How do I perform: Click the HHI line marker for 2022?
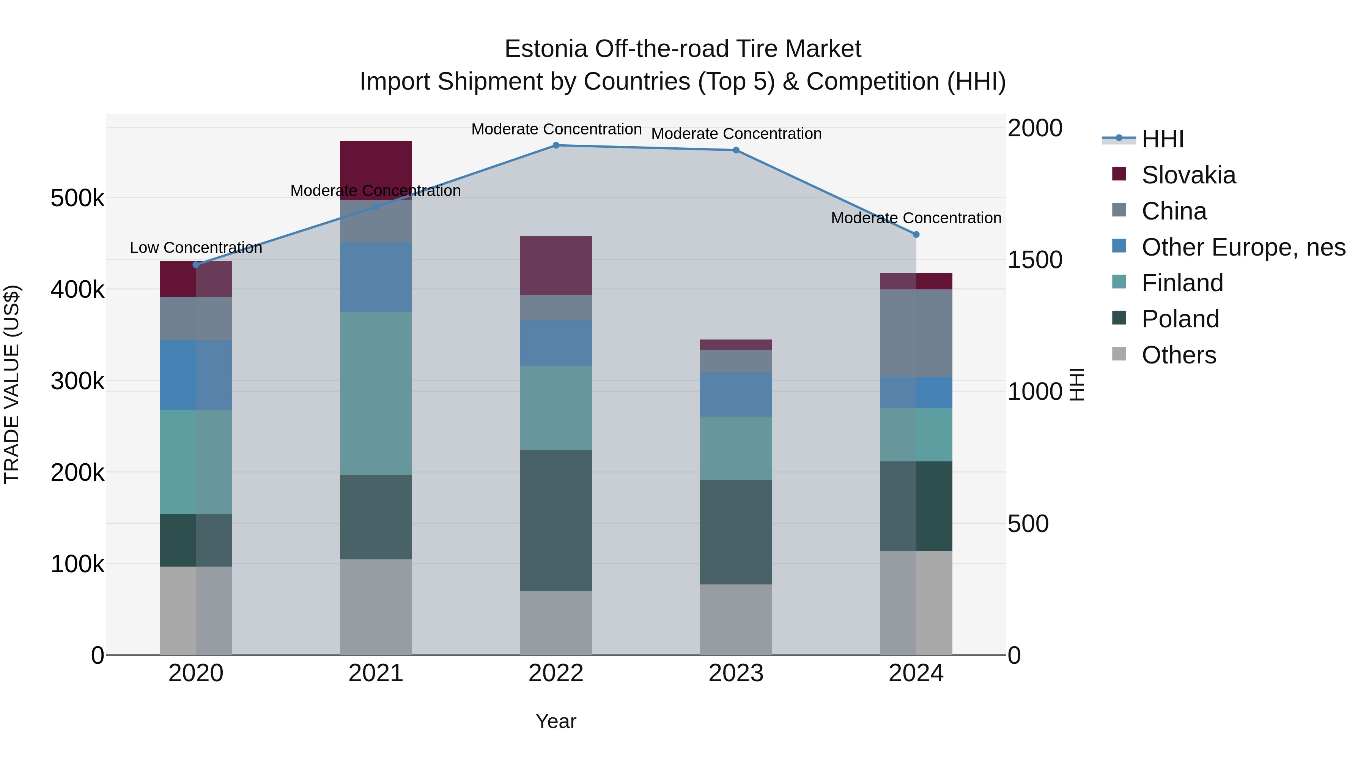coord(556,145)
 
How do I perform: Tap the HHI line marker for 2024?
coord(916,234)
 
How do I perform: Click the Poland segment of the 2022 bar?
coord(556,520)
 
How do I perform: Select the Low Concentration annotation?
coord(196,248)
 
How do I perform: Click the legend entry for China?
coord(1174,211)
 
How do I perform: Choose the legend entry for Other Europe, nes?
coord(1243,247)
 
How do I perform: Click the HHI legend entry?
coord(1162,139)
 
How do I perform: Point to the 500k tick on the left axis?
coord(77,199)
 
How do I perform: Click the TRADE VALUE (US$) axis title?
coord(12,384)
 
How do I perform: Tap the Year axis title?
coord(556,721)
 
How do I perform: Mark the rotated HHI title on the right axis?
coord(1076,384)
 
